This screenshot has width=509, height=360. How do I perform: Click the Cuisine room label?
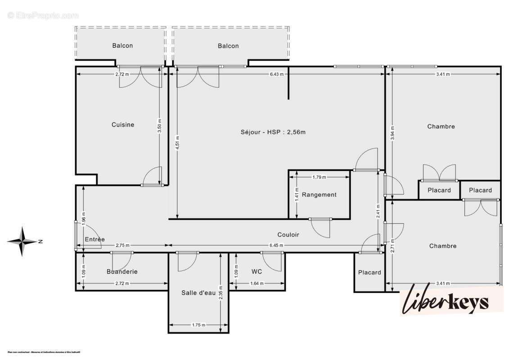click(123, 125)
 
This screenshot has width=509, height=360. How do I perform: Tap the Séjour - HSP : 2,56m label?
click(273, 132)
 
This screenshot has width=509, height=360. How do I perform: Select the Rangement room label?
click(319, 194)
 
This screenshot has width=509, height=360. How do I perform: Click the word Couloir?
click(288, 234)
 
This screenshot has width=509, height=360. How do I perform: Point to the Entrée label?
click(95, 239)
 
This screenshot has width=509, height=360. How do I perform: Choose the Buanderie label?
click(122, 271)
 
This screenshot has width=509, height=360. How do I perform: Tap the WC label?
click(257, 271)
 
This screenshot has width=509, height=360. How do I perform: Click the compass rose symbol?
click(22, 242)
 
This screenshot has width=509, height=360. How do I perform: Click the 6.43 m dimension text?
click(276, 74)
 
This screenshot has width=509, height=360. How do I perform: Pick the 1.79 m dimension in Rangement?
click(319, 177)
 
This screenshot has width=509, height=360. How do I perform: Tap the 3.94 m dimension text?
click(392, 132)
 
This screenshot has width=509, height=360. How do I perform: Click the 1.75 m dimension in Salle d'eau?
click(198, 325)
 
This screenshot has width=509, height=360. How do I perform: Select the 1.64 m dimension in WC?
click(257, 283)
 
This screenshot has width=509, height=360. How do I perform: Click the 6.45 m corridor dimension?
click(276, 245)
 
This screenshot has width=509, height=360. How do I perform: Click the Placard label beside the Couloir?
click(369, 272)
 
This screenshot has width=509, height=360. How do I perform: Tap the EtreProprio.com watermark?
click(43, 15)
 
